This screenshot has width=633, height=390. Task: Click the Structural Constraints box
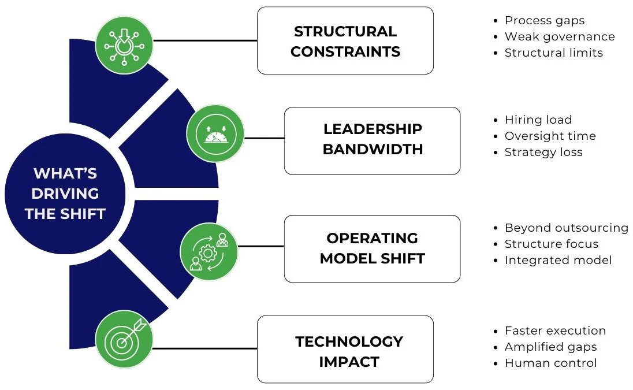pyautogui.click(x=345, y=40)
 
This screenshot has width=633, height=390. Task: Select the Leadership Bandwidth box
pyautogui.click(x=372, y=140)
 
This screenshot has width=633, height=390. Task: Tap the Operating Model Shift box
pyautogui.click(x=372, y=248)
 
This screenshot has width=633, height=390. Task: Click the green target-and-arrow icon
pyautogui.click(x=124, y=341)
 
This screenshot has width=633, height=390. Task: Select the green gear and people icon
pyautogui.click(x=208, y=252)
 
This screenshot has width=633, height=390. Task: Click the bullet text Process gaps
pyautogui.click(x=544, y=21)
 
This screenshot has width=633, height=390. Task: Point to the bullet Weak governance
pyautogui.click(x=559, y=37)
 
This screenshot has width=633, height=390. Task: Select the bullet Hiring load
pyautogui.click(x=538, y=120)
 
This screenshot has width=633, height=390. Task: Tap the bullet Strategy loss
pyautogui.click(x=543, y=153)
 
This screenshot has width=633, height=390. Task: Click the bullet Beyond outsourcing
pyautogui.click(x=566, y=228)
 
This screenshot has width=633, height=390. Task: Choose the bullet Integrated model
pyautogui.click(x=558, y=260)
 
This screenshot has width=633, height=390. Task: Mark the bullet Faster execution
pyautogui.click(x=555, y=331)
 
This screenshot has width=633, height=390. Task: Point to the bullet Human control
pyautogui.click(x=550, y=363)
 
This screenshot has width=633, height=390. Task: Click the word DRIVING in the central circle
pyautogui.click(x=65, y=194)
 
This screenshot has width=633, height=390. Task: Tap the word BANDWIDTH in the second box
pyautogui.click(x=373, y=150)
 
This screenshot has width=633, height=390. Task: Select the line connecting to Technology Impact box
pyautogui.click(x=205, y=348)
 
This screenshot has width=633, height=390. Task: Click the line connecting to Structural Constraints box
pyautogui.click(x=205, y=40)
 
